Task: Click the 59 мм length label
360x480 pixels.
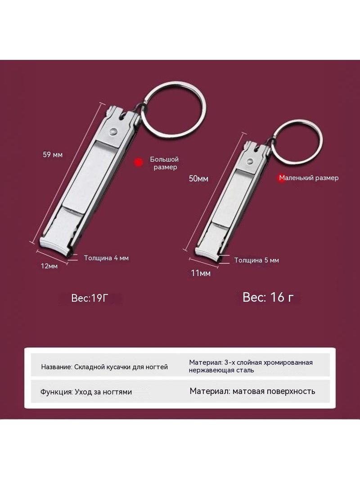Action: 53,154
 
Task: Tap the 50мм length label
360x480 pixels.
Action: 198,178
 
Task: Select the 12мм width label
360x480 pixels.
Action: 49,266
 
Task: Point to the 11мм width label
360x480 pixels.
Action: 201,273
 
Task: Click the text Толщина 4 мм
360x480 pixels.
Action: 107,258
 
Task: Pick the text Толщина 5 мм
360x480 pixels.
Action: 256,260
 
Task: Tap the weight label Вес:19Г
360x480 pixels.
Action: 90,298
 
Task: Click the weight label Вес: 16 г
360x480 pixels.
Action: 268,297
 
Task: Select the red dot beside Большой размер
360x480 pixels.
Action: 139,162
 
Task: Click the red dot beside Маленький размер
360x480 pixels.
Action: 281,178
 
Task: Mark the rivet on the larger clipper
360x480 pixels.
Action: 113,131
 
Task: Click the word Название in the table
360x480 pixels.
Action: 57,367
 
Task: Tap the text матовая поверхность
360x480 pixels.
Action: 274,391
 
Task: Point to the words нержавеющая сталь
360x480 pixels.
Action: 221,371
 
